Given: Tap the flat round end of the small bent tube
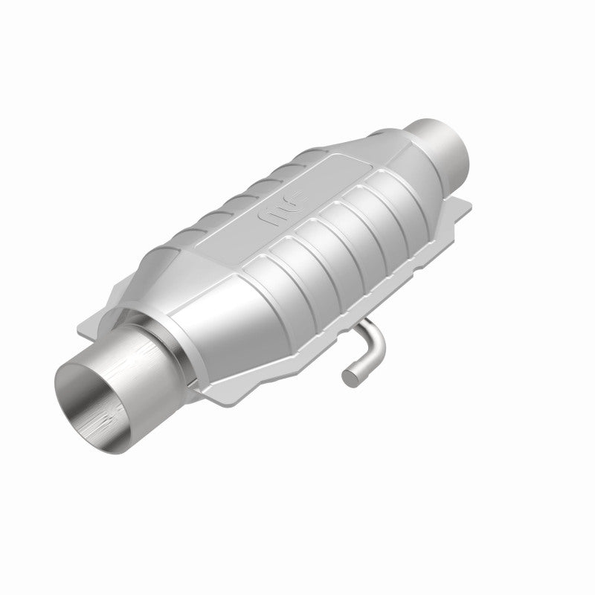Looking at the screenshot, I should point(347,378).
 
